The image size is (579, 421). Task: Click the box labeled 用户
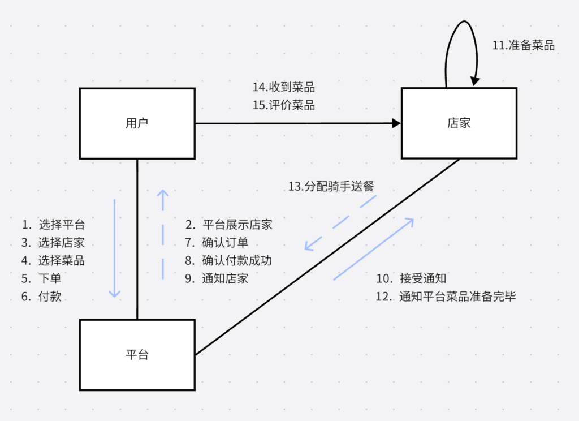pyautogui.click(x=137, y=123)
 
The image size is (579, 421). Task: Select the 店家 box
pyautogui.click(x=459, y=123)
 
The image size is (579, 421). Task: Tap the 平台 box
pyautogui.click(x=137, y=355)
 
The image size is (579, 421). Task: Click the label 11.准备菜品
pyautogui.click(x=523, y=46)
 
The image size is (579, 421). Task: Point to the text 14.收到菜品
pyautogui.click(x=283, y=87)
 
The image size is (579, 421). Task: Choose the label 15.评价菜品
pyautogui.click(x=283, y=105)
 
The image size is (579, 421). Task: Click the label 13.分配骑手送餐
pyautogui.click(x=331, y=187)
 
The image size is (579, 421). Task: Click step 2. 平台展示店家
pyautogui.click(x=229, y=225)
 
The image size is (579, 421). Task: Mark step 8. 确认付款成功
pyautogui.click(x=229, y=260)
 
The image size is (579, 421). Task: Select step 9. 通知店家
pyautogui.click(x=217, y=278)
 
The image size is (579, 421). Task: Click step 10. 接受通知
pyautogui.click(x=411, y=278)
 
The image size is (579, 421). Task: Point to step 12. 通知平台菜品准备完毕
pyautogui.click(x=446, y=296)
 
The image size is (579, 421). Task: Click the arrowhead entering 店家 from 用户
pyautogui.click(x=395, y=123)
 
